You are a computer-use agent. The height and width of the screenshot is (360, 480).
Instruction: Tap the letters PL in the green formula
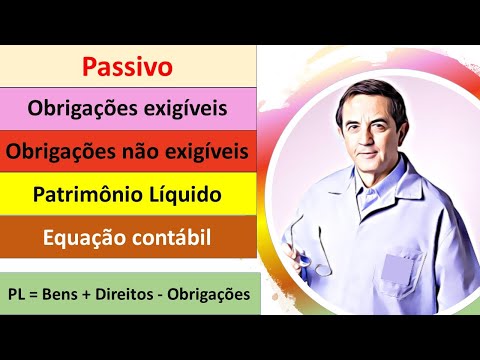point(19,296)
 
